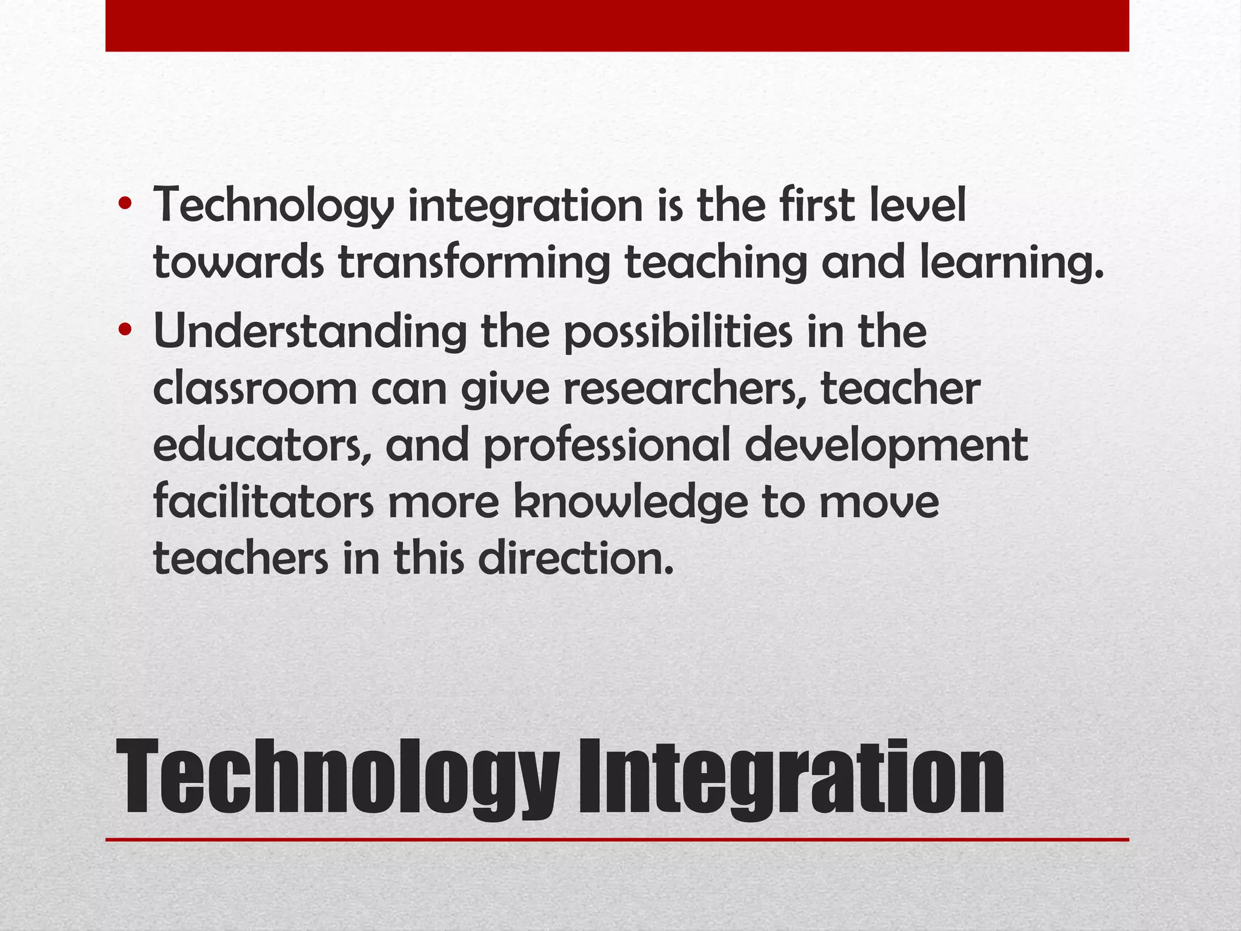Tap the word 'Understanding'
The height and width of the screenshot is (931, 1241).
310,332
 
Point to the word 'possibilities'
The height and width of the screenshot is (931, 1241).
678,332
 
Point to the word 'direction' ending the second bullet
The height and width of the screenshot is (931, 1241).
575,558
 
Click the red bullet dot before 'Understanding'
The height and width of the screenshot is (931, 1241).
125,330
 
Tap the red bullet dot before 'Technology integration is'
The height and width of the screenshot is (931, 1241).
125,203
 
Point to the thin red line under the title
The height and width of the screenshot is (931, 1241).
617,839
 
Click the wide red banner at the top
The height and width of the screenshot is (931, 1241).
617,25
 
